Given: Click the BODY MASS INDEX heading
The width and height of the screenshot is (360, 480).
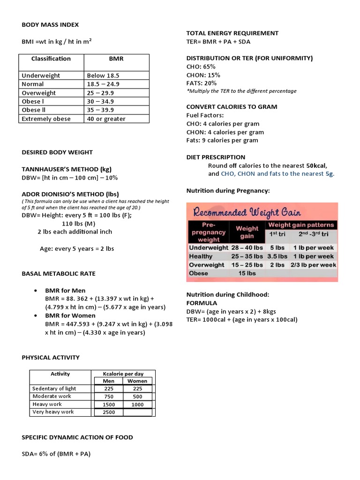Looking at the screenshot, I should pyautogui.click(x=50, y=24).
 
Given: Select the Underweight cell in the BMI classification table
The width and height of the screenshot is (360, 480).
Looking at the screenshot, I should pyautogui.click(x=41, y=75).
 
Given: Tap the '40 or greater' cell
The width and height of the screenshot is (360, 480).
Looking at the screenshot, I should pyautogui.click(x=106, y=119).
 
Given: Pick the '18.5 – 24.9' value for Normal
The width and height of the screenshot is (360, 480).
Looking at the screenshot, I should pyautogui.click(x=103, y=84).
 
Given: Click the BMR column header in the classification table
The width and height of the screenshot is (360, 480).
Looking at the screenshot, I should pyautogui.click(x=116, y=59).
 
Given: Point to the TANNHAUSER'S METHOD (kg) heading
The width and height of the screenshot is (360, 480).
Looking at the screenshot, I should pyautogui.click(x=67, y=169).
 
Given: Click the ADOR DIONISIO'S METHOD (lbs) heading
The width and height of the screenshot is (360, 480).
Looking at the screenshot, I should pyautogui.click(x=70, y=194).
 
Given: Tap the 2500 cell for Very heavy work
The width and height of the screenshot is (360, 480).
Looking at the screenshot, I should pyautogui.click(x=109, y=412).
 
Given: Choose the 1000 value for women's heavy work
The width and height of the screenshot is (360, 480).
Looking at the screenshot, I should pyautogui.click(x=137, y=405).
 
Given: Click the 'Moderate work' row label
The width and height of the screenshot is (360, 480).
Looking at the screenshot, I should pyautogui.click(x=52, y=397).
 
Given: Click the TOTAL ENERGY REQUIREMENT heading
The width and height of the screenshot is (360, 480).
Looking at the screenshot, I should pyautogui.click(x=232, y=33).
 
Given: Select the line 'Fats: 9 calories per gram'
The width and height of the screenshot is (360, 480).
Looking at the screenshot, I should pyautogui.click(x=222, y=141).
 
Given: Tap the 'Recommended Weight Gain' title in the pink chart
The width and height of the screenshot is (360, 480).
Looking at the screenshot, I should pyautogui.click(x=247, y=212).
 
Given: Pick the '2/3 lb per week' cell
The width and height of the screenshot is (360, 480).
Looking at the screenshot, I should pyautogui.click(x=313, y=265).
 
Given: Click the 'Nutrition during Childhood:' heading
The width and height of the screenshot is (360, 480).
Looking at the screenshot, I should pyautogui.click(x=227, y=295).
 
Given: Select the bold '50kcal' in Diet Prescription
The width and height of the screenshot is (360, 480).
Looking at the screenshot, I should pyautogui.click(x=316, y=165).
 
